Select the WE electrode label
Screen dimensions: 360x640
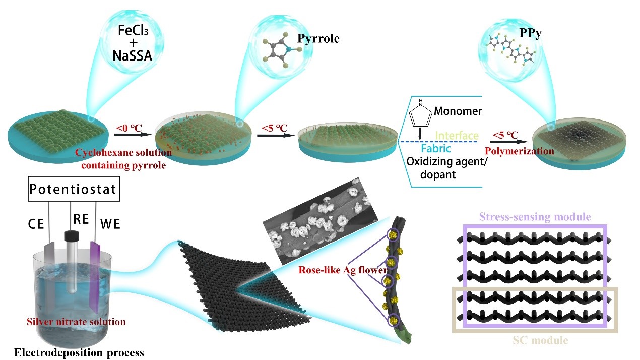tap(110, 222)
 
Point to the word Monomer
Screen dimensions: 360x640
tap(457, 111)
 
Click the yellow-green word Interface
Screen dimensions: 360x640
tap(456, 136)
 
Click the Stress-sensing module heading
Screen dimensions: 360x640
tap(535, 218)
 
